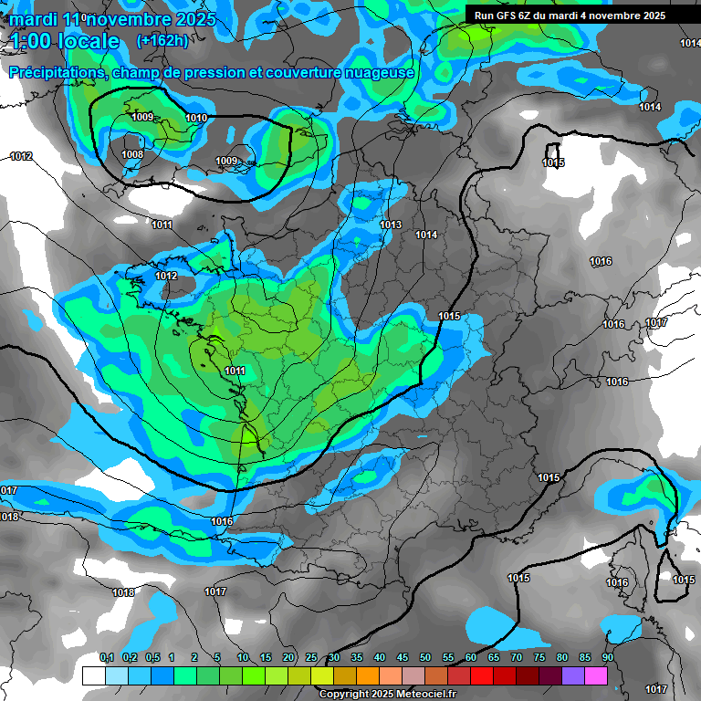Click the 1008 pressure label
tap(132, 154)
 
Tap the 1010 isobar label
tap(196, 118)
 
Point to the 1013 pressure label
tap(391, 225)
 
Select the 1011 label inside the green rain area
tap(235, 371)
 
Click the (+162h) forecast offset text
tap(162, 40)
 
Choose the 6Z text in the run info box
tap(532, 16)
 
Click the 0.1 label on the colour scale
tap(106, 658)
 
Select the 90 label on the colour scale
tap(608, 658)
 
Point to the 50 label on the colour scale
tap(425, 658)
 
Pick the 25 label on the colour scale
tap(311, 658)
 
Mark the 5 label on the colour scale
tap(217, 658)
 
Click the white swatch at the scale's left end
tap(93, 675)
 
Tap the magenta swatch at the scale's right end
tap(596, 675)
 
